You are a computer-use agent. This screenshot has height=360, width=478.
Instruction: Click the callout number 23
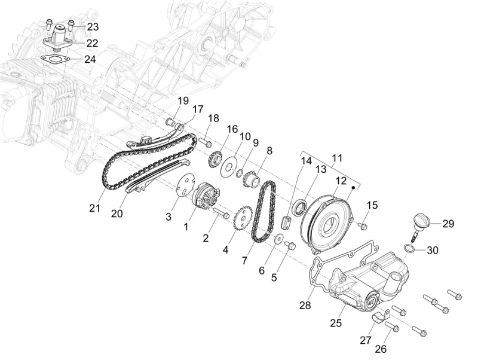tap(93, 27)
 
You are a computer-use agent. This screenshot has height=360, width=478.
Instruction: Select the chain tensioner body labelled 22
tap(59, 38)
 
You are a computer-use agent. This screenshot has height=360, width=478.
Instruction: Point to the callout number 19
tap(183, 100)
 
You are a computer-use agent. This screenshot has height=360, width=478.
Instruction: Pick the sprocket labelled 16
tap(215, 160)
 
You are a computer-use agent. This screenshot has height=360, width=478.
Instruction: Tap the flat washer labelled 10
tap(228, 167)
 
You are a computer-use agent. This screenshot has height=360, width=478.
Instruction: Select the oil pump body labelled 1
tap(206, 198)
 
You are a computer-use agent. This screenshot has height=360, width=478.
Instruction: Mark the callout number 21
tap(94, 208)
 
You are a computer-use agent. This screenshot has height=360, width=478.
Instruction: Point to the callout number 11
tap(337, 158)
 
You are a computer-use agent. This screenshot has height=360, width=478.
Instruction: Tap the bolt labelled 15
tap(363, 226)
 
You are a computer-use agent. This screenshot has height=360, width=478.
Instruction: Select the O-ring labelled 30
tap(409, 248)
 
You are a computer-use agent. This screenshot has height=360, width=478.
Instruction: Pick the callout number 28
tap(305, 305)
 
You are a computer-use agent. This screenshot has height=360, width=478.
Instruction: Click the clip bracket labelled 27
tap(381, 316)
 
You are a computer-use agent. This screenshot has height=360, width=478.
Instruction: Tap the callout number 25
tap(336, 323)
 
